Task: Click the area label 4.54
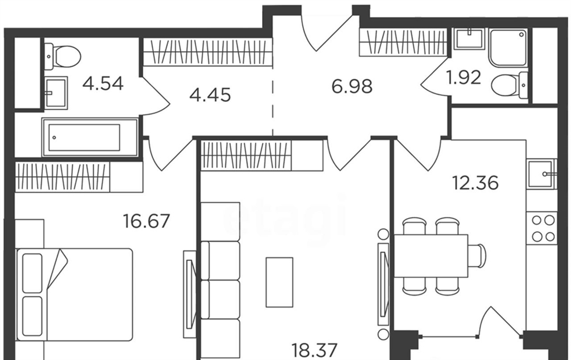[x=103, y=84]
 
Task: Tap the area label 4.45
[x=210, y=95]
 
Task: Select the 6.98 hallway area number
[x=352, y=86]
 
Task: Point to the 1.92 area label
[x=464, y=77]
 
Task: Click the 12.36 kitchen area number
[x=475, y=183]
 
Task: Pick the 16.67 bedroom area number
[x=147, y=221]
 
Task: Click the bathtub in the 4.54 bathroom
[x=90, y=137]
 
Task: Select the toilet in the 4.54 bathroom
[x=62, y=57]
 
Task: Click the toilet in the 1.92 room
[x=509, y=85]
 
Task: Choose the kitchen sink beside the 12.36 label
[x=542, y=174]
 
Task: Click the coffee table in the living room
[x=279, y=282]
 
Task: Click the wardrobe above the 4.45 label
[x=208, y=52]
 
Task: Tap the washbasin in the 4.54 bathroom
[x=56, y=93]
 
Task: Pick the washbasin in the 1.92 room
[x=469, y=38]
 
